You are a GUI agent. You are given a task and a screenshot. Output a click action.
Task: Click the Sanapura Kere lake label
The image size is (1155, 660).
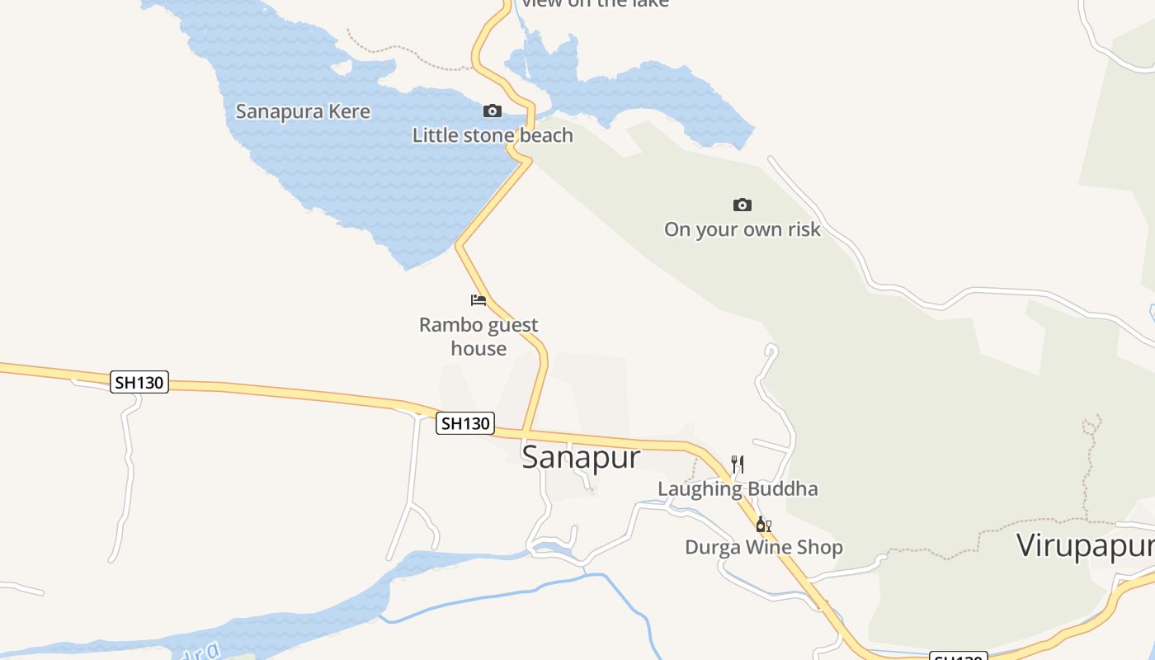303,111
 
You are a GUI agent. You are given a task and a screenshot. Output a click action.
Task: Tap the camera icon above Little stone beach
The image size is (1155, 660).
493,111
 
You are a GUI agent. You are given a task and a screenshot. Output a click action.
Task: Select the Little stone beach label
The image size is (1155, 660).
493,134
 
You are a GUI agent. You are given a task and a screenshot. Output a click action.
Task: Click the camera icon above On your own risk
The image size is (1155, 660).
742,205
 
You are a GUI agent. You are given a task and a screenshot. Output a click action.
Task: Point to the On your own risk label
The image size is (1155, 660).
742,229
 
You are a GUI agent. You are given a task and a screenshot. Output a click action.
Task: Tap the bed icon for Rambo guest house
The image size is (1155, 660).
478,300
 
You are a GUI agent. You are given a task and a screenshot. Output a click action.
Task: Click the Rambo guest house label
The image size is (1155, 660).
478,337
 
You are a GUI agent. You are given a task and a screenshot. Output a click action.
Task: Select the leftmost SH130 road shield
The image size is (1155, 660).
139,382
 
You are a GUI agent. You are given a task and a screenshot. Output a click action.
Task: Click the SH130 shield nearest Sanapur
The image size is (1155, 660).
465,423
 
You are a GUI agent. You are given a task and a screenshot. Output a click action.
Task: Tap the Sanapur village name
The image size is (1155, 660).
581,456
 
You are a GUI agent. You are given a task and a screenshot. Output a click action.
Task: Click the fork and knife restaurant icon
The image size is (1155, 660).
738,464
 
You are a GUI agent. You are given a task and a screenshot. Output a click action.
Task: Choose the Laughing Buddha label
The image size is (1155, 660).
738,488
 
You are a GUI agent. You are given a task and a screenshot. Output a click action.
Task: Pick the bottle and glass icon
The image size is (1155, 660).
764,524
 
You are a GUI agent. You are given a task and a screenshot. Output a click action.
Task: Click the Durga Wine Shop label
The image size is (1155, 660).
764,547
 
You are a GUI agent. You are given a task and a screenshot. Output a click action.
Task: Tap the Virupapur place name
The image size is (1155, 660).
1084,545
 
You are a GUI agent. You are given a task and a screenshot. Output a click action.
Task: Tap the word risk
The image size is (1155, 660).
803,229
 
